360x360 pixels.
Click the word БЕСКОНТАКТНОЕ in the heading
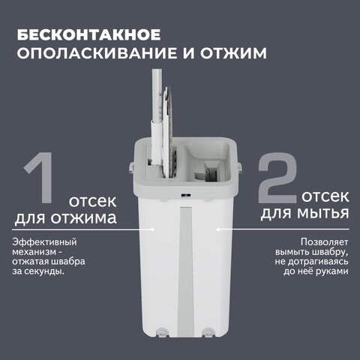[x=87, y=35]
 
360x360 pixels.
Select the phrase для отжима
[x=66, y=218]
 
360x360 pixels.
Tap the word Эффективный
[x=44, y=242]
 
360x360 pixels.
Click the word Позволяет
[x=323, y=242]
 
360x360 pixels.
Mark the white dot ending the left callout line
[x=154, y=227]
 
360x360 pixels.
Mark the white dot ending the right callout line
[x=218, y=227]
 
